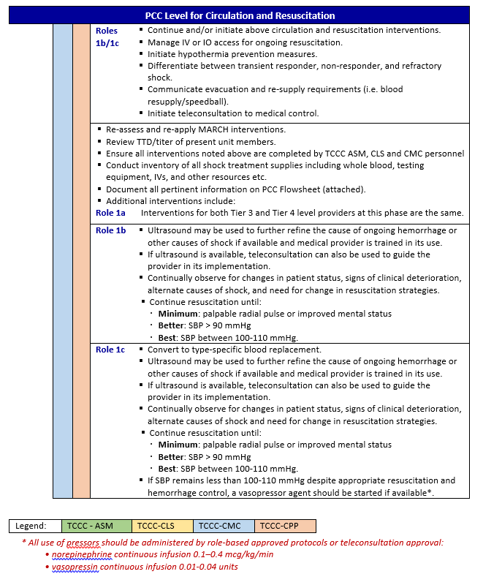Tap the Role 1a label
(x=111, y=213)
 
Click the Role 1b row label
(x=111, y=230)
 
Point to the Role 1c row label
(x=111, y=350)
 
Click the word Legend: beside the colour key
(x=31, y=525)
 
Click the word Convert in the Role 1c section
(x=164, y=350)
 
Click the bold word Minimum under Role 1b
(x=179, y=314)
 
